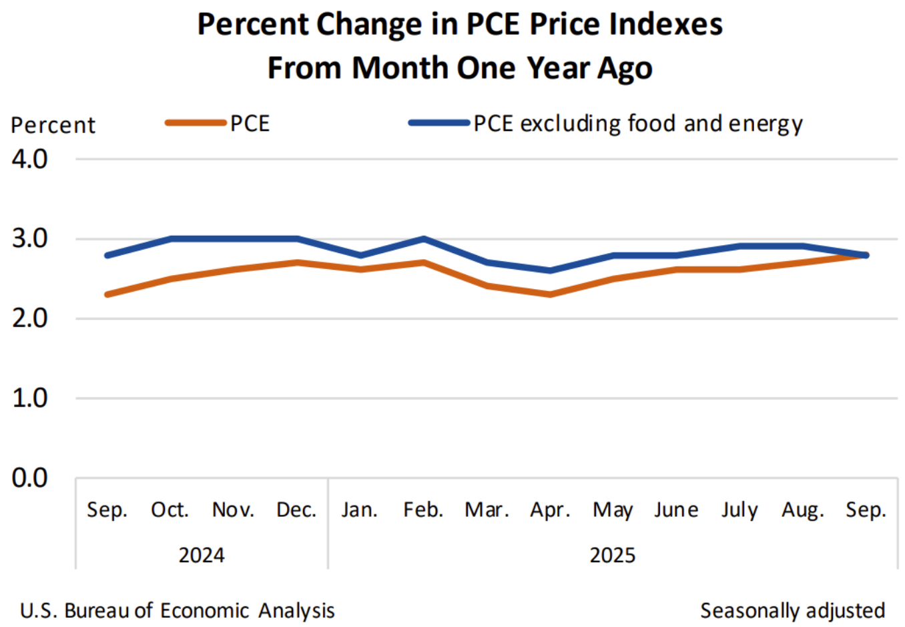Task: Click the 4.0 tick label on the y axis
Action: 29,159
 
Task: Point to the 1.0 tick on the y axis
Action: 29,398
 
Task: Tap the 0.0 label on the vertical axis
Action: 29,478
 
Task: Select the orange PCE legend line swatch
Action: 196,123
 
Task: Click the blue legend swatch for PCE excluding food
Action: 439,123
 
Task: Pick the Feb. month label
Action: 423,510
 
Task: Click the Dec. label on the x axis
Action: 296,510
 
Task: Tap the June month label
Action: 676,510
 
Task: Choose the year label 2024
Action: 202,555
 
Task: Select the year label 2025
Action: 613,555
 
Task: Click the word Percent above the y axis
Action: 53,126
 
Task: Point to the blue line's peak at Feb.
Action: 423,238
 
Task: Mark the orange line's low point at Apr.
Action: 550,294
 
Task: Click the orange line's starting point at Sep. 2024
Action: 107,294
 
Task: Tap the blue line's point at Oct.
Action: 171,238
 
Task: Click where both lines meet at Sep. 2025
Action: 866,255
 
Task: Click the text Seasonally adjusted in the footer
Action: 792,610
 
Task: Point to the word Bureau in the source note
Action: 98,610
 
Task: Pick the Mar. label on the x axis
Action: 487,510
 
